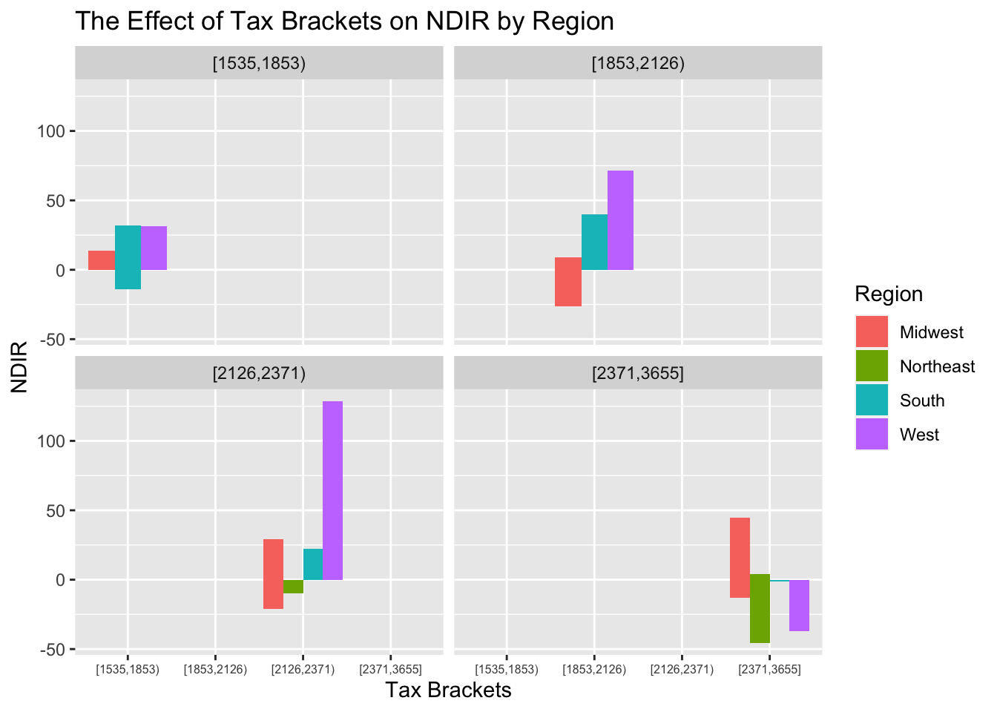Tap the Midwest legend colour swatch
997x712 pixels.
click(x=872, y=332)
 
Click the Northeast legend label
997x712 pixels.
click(x=937, y=366)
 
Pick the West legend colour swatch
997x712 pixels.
click(x=872, y=434)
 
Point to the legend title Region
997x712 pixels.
click(x=889, y=294)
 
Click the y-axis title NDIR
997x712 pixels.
click(x=19, y=366)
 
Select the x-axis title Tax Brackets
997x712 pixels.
click(x=448, y=690)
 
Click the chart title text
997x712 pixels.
click(x=344, y=21)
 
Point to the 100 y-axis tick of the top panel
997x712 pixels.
click(x=50, y=131)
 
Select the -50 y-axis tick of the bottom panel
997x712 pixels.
click(x=50, y=650)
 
